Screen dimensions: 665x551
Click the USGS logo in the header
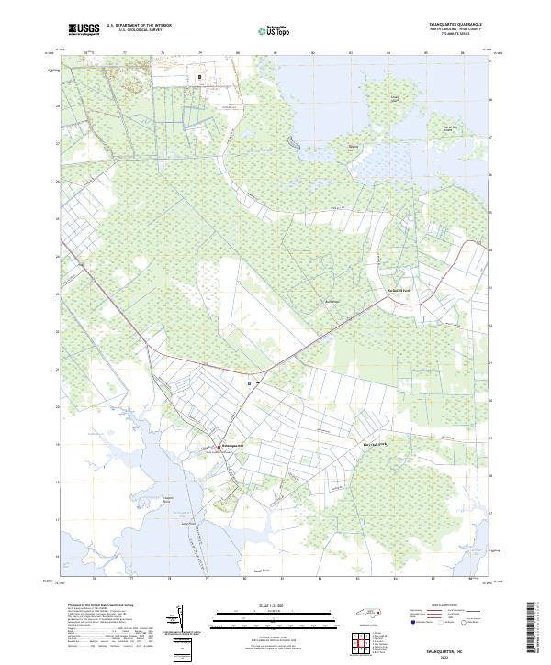(x=84, y=29)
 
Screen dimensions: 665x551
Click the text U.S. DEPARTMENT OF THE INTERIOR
(x=139, y=26)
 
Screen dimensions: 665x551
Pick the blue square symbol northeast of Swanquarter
(x=249, y=382)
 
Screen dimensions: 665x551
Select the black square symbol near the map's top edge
(x=200, y=77)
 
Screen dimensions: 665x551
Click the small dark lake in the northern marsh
(x=292, y=142)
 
